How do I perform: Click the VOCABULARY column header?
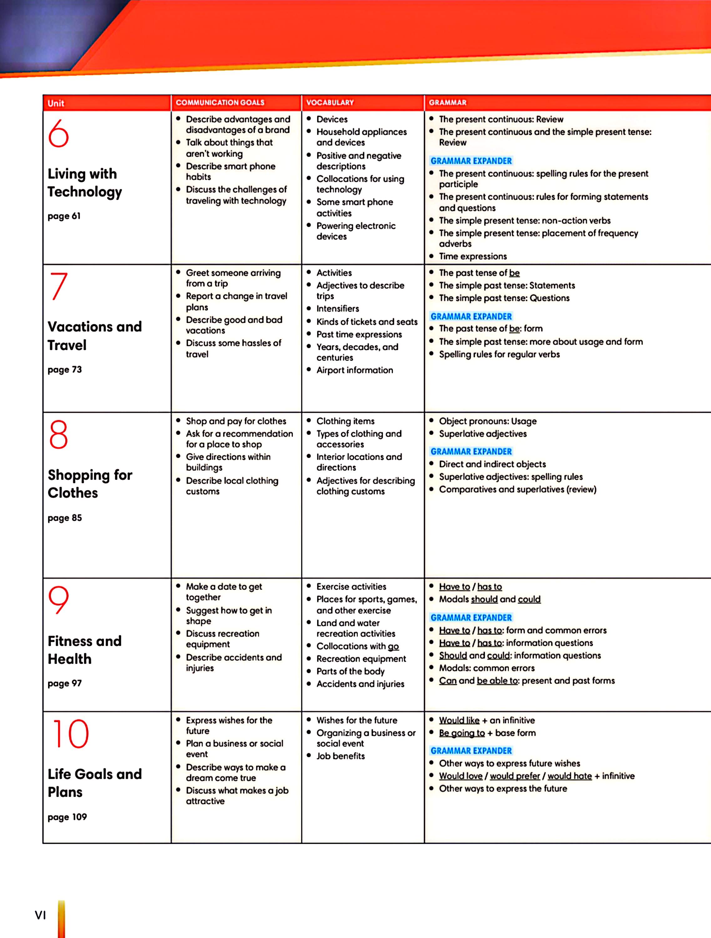(330, 103)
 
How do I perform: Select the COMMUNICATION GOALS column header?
(220, 103)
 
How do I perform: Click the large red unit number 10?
(70, 734)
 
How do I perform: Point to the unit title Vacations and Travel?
(94, 335)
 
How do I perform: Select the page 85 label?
(64, 518)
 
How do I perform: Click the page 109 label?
(67, 817)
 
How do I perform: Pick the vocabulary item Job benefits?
(340, 756)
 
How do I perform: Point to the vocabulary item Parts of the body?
(350, 671)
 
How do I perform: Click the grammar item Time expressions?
(473, 256)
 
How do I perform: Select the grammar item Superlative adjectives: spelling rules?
(510, 477)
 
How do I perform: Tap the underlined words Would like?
(459, 720)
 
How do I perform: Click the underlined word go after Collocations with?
(393, 646)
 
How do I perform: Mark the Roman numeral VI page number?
(40, 915)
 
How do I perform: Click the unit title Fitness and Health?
(84, 650)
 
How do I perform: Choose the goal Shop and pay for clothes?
(236, 421)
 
